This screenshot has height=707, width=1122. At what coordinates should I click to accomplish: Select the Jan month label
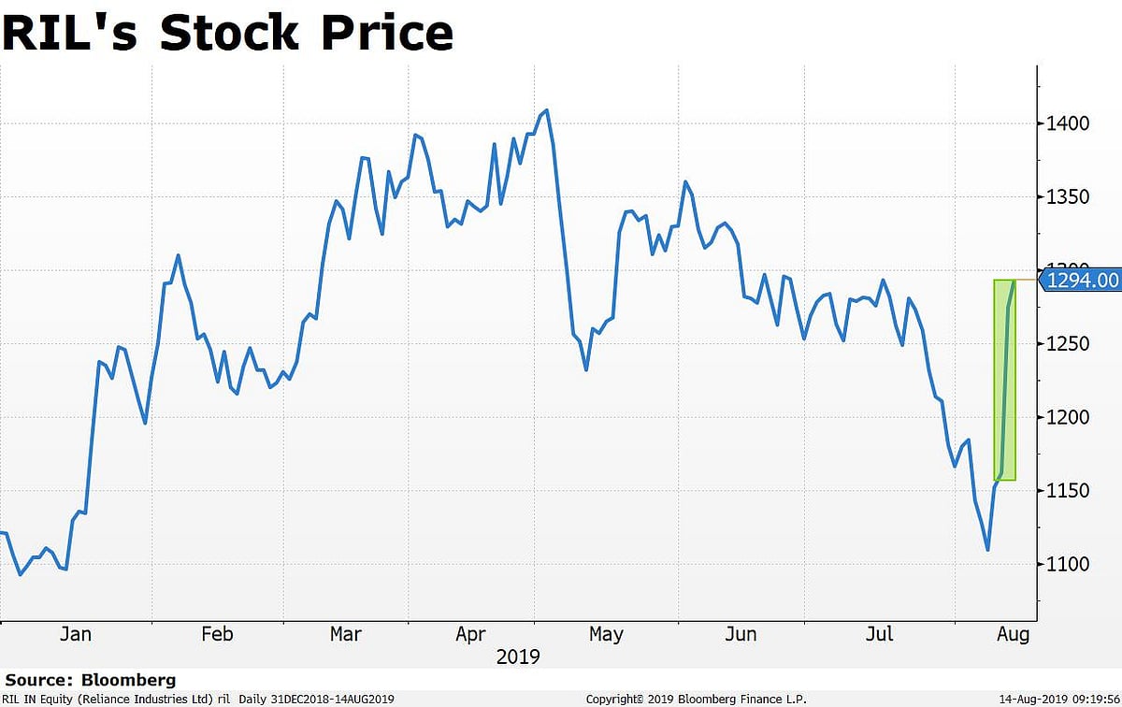pyautogui.click(x=75, y=635)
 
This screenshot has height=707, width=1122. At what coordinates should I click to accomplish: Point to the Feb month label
pyautogui.click(x=217, y=635)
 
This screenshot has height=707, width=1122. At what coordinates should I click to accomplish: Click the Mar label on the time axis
pyautogui.click(x=346, y=635)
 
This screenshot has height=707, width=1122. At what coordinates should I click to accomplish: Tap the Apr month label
pyautogui.click(x=470, y=635)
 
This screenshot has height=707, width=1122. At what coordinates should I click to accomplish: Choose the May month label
pyautogui.click(x=606, y=635)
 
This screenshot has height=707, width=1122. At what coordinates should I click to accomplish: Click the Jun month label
pyautogui.click(x=741, y=635)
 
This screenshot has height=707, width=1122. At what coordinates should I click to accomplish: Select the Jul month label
pyautogui.click(x=879, y=635)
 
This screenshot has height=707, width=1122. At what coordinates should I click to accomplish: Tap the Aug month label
pyautogui.click(x=1013, y=635)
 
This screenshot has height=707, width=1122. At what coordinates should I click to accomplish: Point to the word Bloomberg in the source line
pyautogui.click(x=127, y=680)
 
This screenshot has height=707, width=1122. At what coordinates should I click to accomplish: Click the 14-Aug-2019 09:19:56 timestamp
pyautogui.click(x=1057, y=699)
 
